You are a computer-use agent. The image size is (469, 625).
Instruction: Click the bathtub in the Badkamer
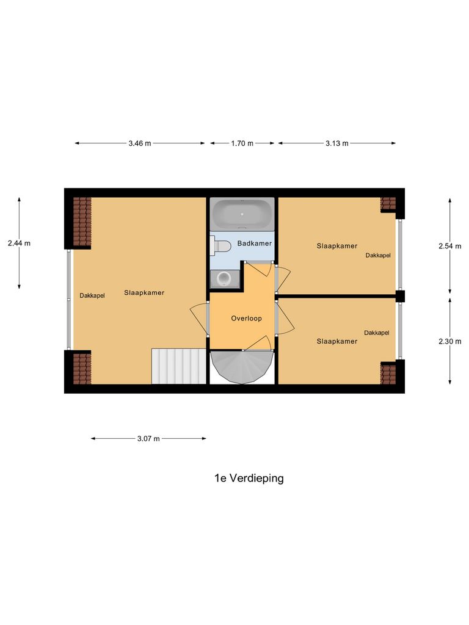(x=242, y=214)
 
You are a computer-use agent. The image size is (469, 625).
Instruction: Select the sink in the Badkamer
(x=223, y=278)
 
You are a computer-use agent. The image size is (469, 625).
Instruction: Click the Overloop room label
(x=246, y=319)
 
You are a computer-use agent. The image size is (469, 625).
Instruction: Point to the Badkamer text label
(x=254, y=244)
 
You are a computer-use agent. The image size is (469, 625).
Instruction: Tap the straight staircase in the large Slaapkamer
(x=178, y=366)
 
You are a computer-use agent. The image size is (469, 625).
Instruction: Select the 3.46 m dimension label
(x=139, y=143)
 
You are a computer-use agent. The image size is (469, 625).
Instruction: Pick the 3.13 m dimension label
(x=336, y=143)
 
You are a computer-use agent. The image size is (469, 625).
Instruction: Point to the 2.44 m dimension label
(x=19, y=243)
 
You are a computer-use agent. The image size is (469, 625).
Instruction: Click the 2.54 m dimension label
(x=450, y=247)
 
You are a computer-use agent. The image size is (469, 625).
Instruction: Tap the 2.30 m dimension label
(x=450, y=342)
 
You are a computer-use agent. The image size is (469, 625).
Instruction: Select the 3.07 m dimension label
(x=148, y=438)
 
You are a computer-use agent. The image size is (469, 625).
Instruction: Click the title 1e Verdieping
(x=249, y=479)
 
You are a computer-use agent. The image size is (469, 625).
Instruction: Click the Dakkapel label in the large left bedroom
(x=92, y=295)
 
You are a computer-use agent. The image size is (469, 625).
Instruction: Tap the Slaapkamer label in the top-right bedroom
(x=336, y=246)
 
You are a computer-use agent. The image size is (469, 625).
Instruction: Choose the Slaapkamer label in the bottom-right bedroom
(x=336, y=342)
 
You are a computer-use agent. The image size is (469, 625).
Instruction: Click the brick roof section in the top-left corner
(x=82, y=221)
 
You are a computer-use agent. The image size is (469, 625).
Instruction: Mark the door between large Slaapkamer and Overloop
(x=198, y=317)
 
